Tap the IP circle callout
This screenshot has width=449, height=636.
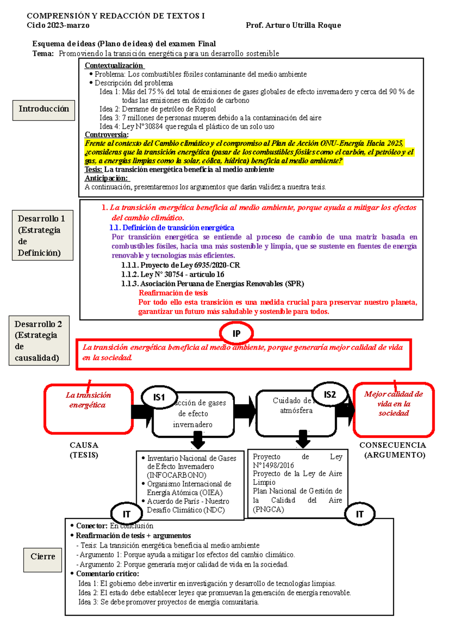pyautogui.click(x=236, y=333)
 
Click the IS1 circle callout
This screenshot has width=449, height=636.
pyautogui.click(x=159, y=397)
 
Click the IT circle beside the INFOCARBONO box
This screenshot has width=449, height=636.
pyautogui.click(x=127, y=514)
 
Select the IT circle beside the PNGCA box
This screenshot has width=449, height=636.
pyautogui.click(x=360, y=514)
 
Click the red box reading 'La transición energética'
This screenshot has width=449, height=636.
pyautogui.click(x=88, y=409)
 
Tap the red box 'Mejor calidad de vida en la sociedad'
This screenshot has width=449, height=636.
pyautogui.click(x=394, y=409)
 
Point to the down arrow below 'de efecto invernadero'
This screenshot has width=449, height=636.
pyautogui.click(x=198, y=440)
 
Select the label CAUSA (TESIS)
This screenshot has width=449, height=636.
pyautogui.click(x=84, y=450)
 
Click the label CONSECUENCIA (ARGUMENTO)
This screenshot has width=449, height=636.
pyautogui.click(x=393, y=450)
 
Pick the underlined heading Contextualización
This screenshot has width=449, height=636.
pyautogui.click(x=114, y=66)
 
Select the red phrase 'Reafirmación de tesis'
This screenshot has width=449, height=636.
pyautogui.click(x=173, y=293)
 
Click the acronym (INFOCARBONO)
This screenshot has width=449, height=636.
pyautogui.click(x=177, y=475)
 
